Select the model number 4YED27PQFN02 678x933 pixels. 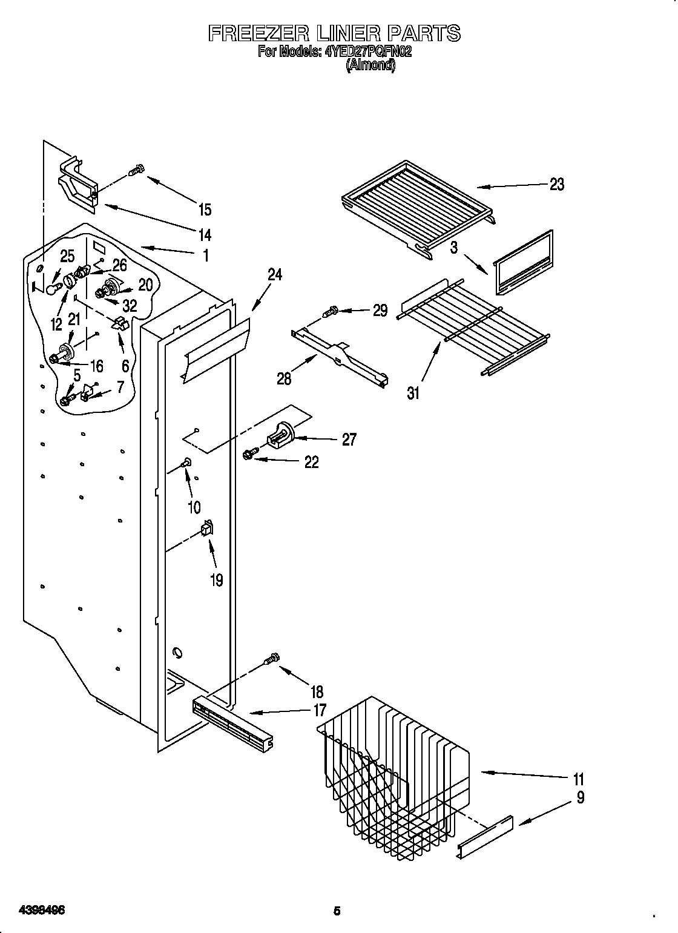point(368,51)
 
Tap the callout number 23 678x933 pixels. point(556,184)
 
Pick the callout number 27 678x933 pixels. point(349,439)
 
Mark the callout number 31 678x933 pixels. point(413,393)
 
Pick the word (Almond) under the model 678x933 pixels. point(370,65)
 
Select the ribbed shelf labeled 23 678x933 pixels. point(418,206)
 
